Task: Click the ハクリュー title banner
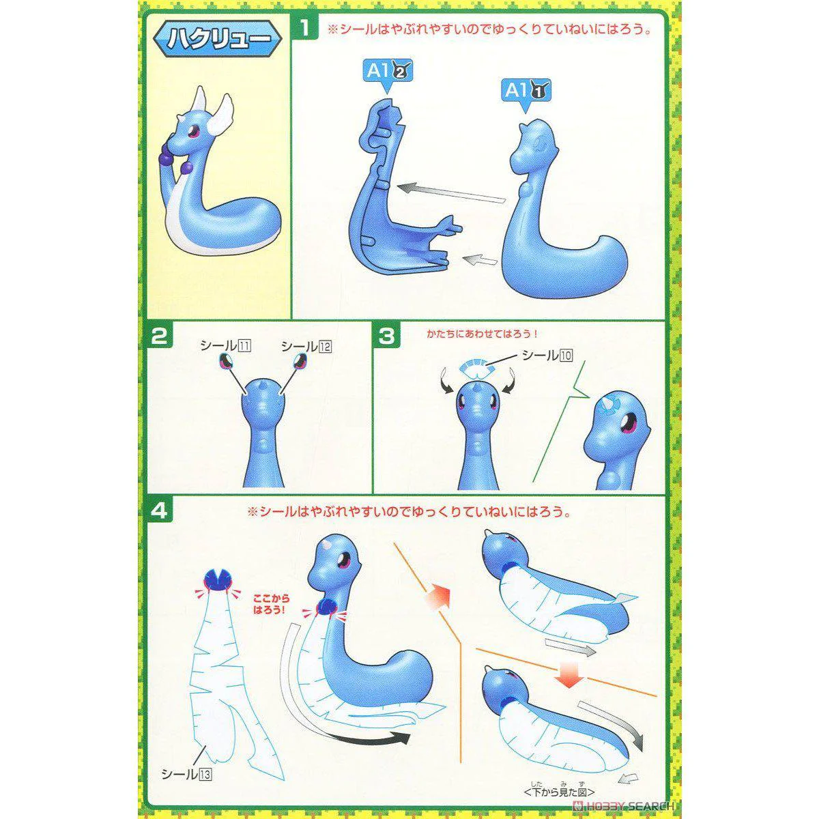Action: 217,39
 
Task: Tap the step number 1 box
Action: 304,28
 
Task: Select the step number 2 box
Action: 160,337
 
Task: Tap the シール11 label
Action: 225,347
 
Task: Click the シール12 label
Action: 306,347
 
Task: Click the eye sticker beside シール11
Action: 225,362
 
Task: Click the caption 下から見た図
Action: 559,792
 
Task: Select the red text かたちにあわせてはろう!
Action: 483,334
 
